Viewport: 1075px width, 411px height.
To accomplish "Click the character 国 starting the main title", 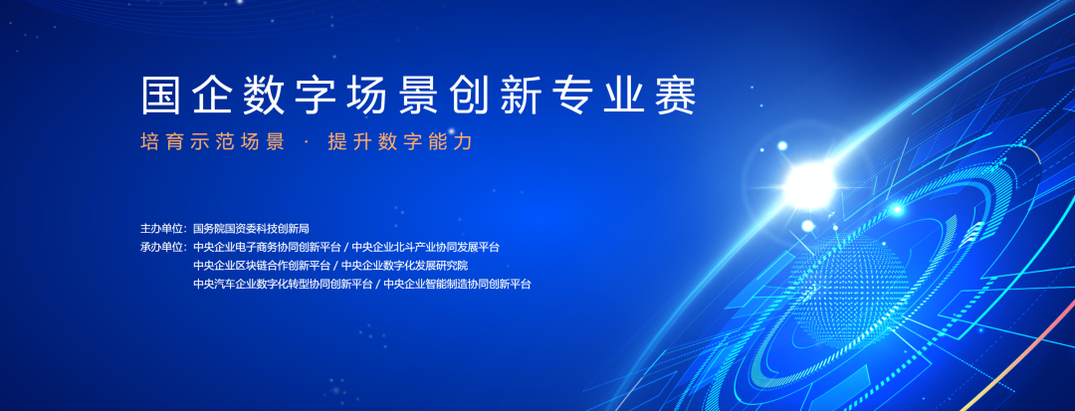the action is (160, 96).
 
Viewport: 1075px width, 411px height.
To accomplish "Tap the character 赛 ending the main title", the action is (677, 96).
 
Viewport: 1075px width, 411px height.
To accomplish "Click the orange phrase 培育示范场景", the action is (213, 141).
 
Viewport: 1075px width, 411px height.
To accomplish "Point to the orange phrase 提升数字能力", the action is (400, 141).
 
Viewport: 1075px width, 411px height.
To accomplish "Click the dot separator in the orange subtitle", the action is (306, 141).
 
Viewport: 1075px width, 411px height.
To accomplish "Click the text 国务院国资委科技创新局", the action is (251, 228).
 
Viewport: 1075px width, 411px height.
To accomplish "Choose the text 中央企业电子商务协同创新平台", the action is (267, 247).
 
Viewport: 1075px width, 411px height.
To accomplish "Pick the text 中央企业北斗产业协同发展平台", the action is (426, 247).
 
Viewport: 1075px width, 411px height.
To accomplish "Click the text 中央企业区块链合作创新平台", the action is (262, 265).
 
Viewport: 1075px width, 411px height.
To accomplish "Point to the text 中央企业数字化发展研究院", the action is (404, 265).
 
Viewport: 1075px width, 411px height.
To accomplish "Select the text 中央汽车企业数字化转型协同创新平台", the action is (283, 284).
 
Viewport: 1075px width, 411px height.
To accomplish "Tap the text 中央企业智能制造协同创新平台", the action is (457, 284).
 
